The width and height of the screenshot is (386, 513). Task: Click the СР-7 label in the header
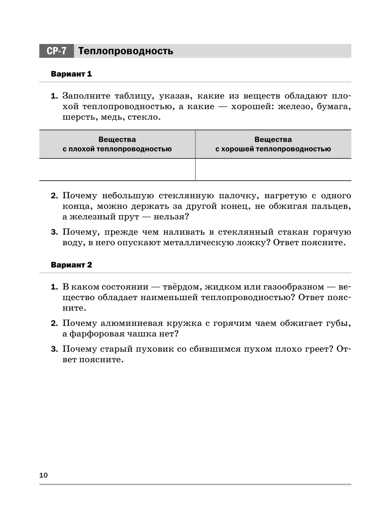[57, 51]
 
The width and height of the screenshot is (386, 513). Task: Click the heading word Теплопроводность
[126, 51]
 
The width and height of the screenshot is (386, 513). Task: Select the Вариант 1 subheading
[71, 74]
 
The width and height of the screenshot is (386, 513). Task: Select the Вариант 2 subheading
[71, 265]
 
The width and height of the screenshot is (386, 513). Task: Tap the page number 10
[43, 475]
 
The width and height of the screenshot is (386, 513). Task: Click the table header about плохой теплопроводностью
[117, 144]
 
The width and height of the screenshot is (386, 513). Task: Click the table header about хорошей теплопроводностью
[273, 144]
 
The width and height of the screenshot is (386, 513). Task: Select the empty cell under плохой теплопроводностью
[117, 169]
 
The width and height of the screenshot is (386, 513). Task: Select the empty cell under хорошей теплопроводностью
[273, 169]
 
